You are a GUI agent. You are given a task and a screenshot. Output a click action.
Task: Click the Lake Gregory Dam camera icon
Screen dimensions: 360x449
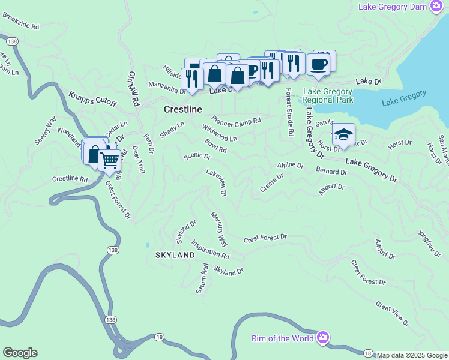click(437, 7)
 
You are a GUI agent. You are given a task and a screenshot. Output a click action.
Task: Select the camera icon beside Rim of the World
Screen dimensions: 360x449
click(324, 338)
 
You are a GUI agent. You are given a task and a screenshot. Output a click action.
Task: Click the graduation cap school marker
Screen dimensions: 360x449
click(343, 134)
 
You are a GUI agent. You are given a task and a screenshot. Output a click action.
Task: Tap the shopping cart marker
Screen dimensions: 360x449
click(109, 160)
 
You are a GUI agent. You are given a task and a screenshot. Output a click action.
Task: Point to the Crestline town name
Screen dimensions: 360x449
click(183, 110)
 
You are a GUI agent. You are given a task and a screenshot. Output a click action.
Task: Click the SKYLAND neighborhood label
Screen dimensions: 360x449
click(175, 255)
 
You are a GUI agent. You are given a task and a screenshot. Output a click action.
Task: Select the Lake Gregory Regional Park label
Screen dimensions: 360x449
click(328, 96)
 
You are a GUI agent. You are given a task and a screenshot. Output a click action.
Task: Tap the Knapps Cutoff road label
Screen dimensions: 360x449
click(92, 100)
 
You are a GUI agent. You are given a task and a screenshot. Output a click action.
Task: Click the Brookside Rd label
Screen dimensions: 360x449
click(20, 23)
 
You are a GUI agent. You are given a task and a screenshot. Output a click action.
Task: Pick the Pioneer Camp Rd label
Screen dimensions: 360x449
click(236, 121)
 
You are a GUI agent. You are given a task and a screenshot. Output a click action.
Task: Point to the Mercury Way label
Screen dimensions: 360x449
click(219, 229)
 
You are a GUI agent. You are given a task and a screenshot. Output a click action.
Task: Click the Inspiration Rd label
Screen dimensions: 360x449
click(209, 251)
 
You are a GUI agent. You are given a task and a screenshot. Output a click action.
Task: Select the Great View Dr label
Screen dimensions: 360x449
click(392, 314)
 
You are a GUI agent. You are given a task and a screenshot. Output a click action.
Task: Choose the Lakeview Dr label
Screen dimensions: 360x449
click(217, 182)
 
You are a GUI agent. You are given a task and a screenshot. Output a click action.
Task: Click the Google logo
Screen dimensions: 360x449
click(20, 353)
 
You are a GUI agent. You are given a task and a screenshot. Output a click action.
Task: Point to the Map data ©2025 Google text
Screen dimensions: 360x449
click(411, 355)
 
